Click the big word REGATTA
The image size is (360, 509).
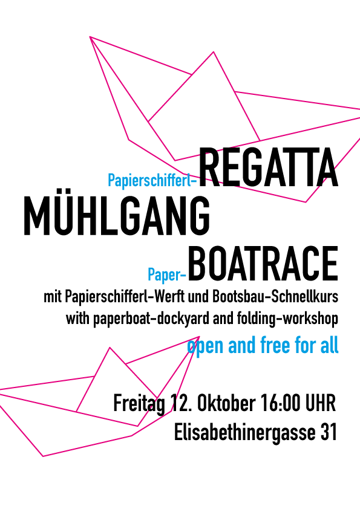tap(269, 167)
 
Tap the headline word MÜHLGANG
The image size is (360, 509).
tap(117, 216)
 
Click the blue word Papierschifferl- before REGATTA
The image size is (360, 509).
tap(152, 180)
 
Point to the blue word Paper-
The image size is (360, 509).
tap(167, 274)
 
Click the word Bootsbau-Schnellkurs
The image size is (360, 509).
tap(275, 297)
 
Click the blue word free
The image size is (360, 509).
tap(275, 345)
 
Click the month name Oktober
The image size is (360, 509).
tap(226, 403)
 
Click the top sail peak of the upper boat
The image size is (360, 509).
tap(214, 51)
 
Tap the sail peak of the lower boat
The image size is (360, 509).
tap(110, 348)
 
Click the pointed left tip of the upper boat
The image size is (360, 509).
tap(90, 37)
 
